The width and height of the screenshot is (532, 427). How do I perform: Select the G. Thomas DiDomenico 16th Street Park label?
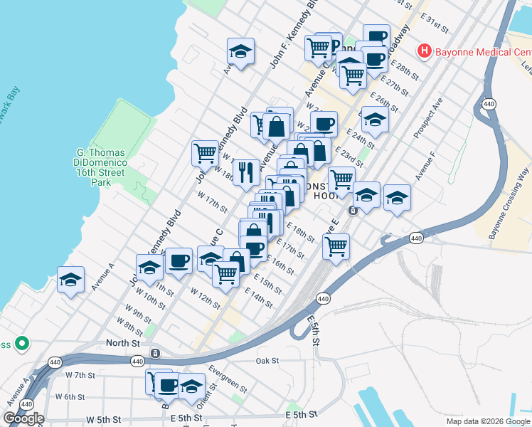tap(101, 167)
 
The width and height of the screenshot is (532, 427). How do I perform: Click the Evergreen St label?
tap(228, 379)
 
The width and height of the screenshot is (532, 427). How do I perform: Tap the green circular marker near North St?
tap(22, 344)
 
